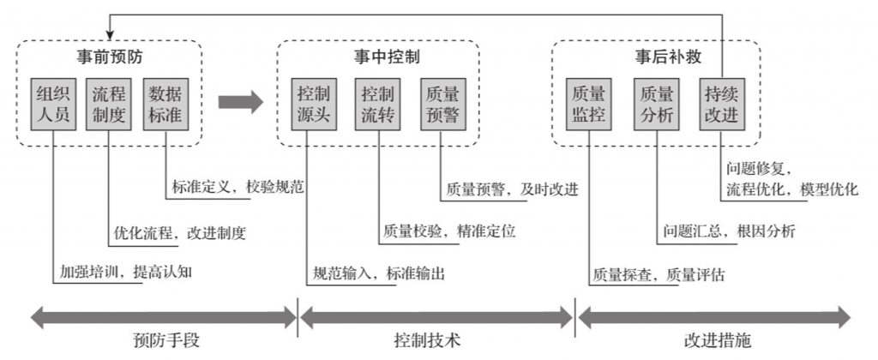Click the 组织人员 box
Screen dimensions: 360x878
point(53,104)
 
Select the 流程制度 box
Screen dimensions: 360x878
point(109,104)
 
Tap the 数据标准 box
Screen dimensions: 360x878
point(165,104)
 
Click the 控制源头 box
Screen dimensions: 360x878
point(313,104)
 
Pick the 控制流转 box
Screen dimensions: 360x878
point(377,104)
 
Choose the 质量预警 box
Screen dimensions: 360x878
point(442,104)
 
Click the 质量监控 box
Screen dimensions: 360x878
point(588,104)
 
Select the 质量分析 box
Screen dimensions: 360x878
point(656,104)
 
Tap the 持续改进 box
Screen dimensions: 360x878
point(720,104)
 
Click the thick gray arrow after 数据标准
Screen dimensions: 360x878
point(240,103)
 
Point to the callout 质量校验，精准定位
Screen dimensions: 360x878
point(449,231)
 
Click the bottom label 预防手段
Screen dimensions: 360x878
point(167,340)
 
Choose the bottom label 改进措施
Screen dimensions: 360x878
point(717,340)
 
